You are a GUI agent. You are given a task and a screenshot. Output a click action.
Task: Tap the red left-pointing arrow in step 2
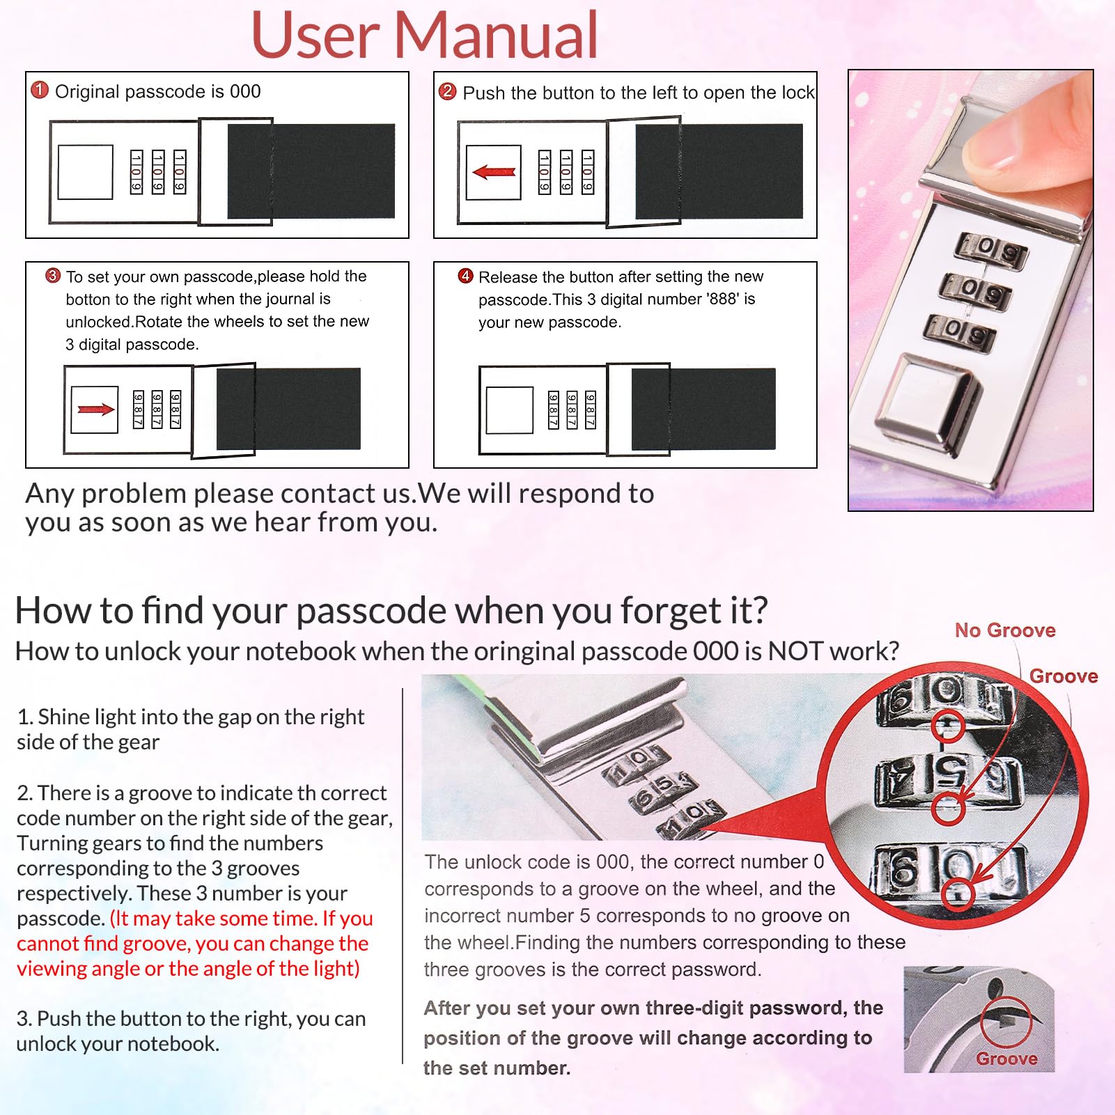click(x=494, y=171)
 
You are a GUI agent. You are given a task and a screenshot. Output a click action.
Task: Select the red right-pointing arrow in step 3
click(x=96, y=410)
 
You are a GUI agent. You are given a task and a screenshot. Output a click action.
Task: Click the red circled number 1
click(x=40, y=90)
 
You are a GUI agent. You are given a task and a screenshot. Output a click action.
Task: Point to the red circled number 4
click(x=466, y=276)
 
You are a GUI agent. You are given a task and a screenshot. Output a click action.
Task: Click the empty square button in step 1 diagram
click(x=86, y=172)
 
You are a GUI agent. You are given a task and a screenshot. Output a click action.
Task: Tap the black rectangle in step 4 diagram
click(x=703, y=410)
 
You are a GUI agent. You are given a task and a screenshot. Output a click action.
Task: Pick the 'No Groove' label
click(x=1005, y=630)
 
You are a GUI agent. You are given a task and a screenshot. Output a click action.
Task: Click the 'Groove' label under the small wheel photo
click(x=1007, y=1059)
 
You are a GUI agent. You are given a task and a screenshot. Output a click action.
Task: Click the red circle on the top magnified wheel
click(x=947, y=726)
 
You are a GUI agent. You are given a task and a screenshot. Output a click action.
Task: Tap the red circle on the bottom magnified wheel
click(x=959, y=892)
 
